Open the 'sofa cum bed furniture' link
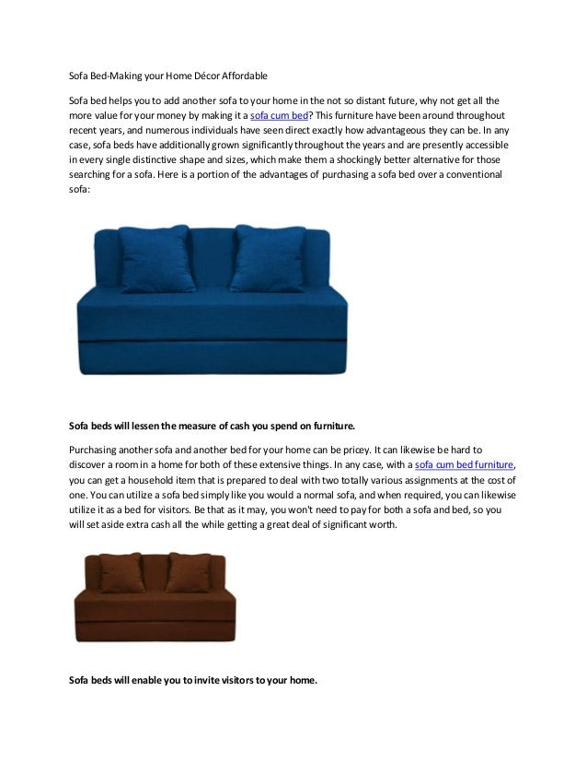click(465, 466)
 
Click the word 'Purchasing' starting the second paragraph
click(96, 449)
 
